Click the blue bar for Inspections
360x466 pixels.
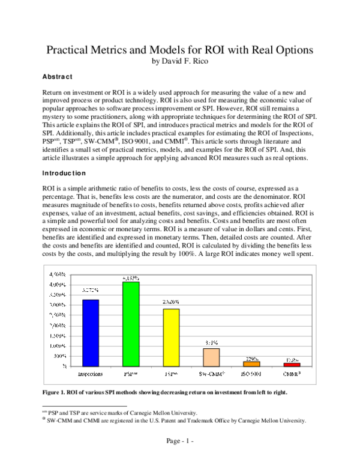pos(89,333)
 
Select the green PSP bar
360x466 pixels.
pos(130,324)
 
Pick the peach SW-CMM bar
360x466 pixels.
pos(211,357)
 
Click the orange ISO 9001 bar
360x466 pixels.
pos(251,364)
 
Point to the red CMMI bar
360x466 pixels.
pos(292,365)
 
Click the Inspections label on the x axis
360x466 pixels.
pos(89,374)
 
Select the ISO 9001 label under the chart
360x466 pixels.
pos(251,374)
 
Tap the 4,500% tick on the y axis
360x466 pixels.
pos(58,274)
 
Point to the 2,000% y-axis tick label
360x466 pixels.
pos(58,325)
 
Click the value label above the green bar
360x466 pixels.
pos(131,278)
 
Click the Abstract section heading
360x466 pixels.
pos(57,77)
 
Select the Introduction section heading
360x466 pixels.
pos(65,173)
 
